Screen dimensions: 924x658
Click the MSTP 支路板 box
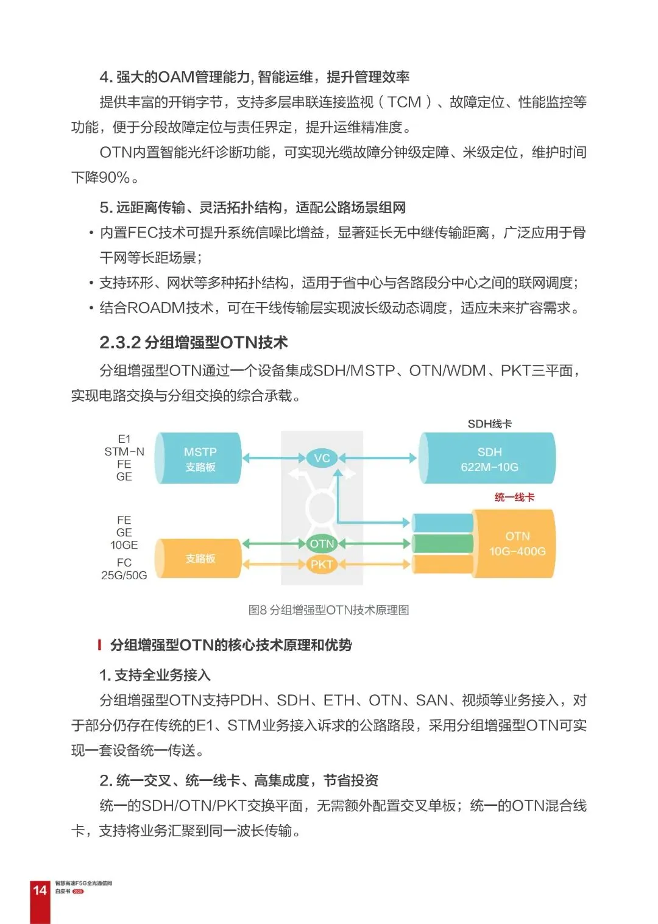(x=199, y=459)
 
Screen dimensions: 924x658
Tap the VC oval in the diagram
(x=322, y=458)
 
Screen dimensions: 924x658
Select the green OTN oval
(x=322, y=544)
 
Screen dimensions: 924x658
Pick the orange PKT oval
(x=322, y=565)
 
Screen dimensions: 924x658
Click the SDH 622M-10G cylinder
(x=489, y=459)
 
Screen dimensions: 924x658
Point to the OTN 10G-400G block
(x=517, y=543)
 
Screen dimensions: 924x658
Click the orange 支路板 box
(x=199, y=558)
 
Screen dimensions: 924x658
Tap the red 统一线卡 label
(x=514, y=497)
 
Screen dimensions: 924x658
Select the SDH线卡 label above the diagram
(x=489, y=423)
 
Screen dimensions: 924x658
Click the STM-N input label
(x=124, y=451)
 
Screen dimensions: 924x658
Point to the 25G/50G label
(x=124, y=575)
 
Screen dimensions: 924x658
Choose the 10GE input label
(x=124, y=545)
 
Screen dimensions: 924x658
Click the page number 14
(x=40, y=890)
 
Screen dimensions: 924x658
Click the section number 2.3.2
(x=120, y=343)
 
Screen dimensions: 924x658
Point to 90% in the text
(x=114, y=177)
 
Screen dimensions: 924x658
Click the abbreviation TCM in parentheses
(x=405, y=102)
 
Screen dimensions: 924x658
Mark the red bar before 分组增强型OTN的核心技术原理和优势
(x=99, y=644)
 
